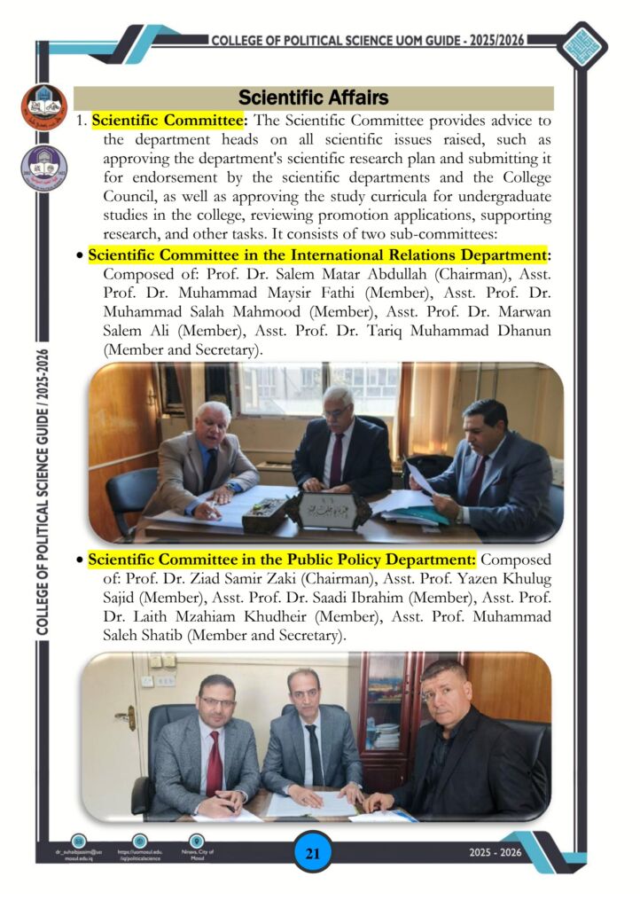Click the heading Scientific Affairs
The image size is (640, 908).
313,97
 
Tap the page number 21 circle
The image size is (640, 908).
312,854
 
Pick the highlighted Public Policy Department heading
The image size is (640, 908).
282,560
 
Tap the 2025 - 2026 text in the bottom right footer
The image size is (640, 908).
496,853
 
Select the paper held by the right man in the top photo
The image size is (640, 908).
420,480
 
